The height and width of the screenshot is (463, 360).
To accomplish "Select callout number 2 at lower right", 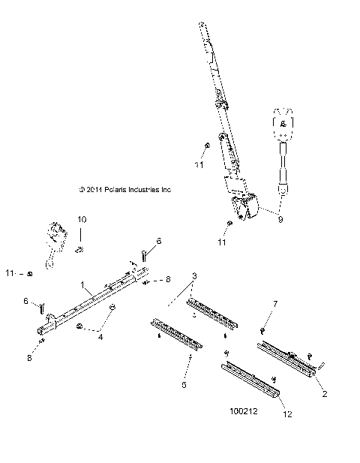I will (324, 392).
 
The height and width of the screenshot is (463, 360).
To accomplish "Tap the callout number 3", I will (195, 277).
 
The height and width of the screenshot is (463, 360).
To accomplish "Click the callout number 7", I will (276, 304).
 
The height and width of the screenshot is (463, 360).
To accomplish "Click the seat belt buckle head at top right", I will (283, 124).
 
